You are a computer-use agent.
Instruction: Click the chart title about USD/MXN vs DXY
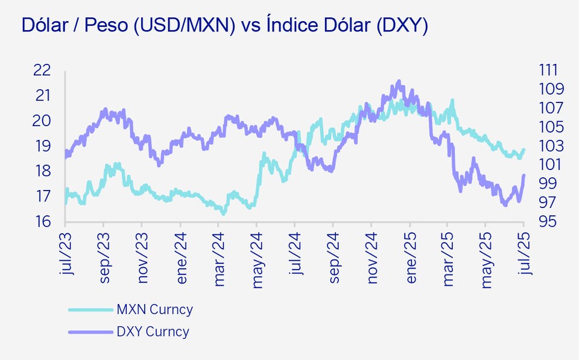(224, 25)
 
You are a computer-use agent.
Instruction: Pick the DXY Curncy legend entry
(153, 332)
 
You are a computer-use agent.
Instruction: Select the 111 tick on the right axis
(549, 70)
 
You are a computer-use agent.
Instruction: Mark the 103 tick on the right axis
(549, 146)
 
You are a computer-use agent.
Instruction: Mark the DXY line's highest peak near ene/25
(399, 81)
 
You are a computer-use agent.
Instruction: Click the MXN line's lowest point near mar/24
(224, 213)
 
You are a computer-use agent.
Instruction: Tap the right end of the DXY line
(524, 175)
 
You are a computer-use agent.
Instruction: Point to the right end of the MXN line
(524, 150)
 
